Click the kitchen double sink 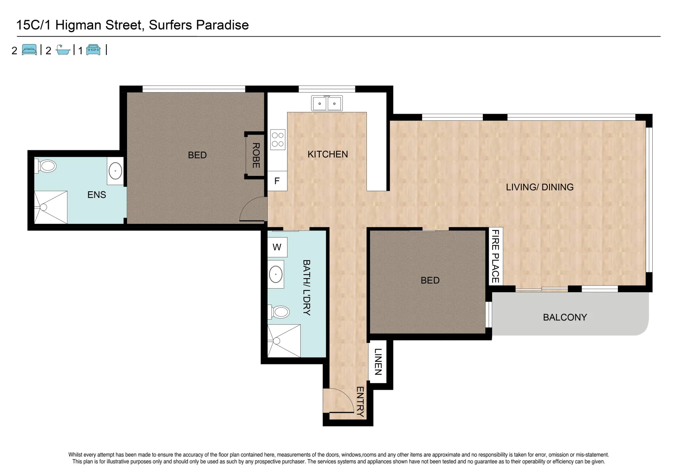pos(327,104)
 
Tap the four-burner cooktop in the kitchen pos(278,139)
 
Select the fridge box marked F pos(277,181)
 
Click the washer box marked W pos(277,247)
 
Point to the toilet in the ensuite pos(47,166)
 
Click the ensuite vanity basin pos(115,171)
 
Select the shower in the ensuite pos(51,207)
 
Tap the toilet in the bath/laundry pos(279,312)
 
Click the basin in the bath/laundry pos(276,274)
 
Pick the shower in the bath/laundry pos(284,341)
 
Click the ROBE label pos(256,155)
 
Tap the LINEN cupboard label pos(378,361)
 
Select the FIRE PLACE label pos(496,256)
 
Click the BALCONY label pos(565,317)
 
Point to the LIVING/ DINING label pos(539,187)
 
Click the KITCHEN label pos(328,154)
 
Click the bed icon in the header pos(30,50)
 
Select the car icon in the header pos(93,50)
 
